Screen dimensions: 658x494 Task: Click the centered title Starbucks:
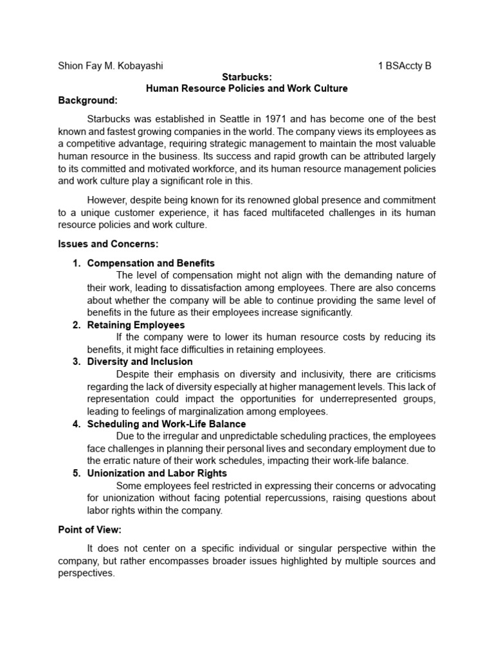click(x=246, y=76)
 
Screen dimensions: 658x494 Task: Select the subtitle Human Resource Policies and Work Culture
click(x=246, y=88)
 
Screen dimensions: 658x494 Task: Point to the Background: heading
click(x=88, y=100)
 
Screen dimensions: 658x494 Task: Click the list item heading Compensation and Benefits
click(x=151, y=263)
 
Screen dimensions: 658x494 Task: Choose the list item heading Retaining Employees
click(x=136, y=325)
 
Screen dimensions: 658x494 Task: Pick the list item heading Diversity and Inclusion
click(x=140, y=362)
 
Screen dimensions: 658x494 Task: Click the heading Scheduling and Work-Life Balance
click(x=166, y=424)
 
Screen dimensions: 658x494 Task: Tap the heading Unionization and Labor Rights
click(x=157, y=474)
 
